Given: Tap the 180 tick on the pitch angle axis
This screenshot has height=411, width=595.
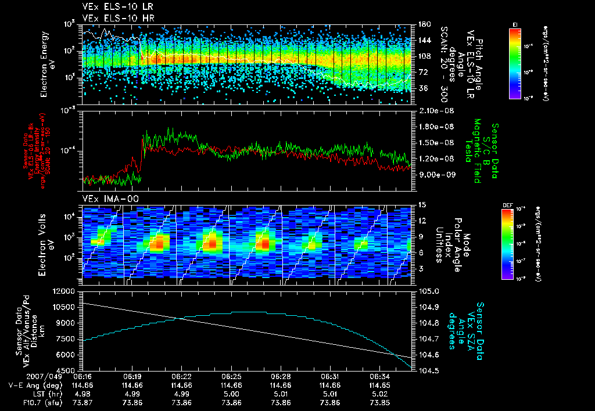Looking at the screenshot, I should coord(423,24).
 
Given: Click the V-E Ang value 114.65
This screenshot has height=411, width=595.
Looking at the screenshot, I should coord(379,384).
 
